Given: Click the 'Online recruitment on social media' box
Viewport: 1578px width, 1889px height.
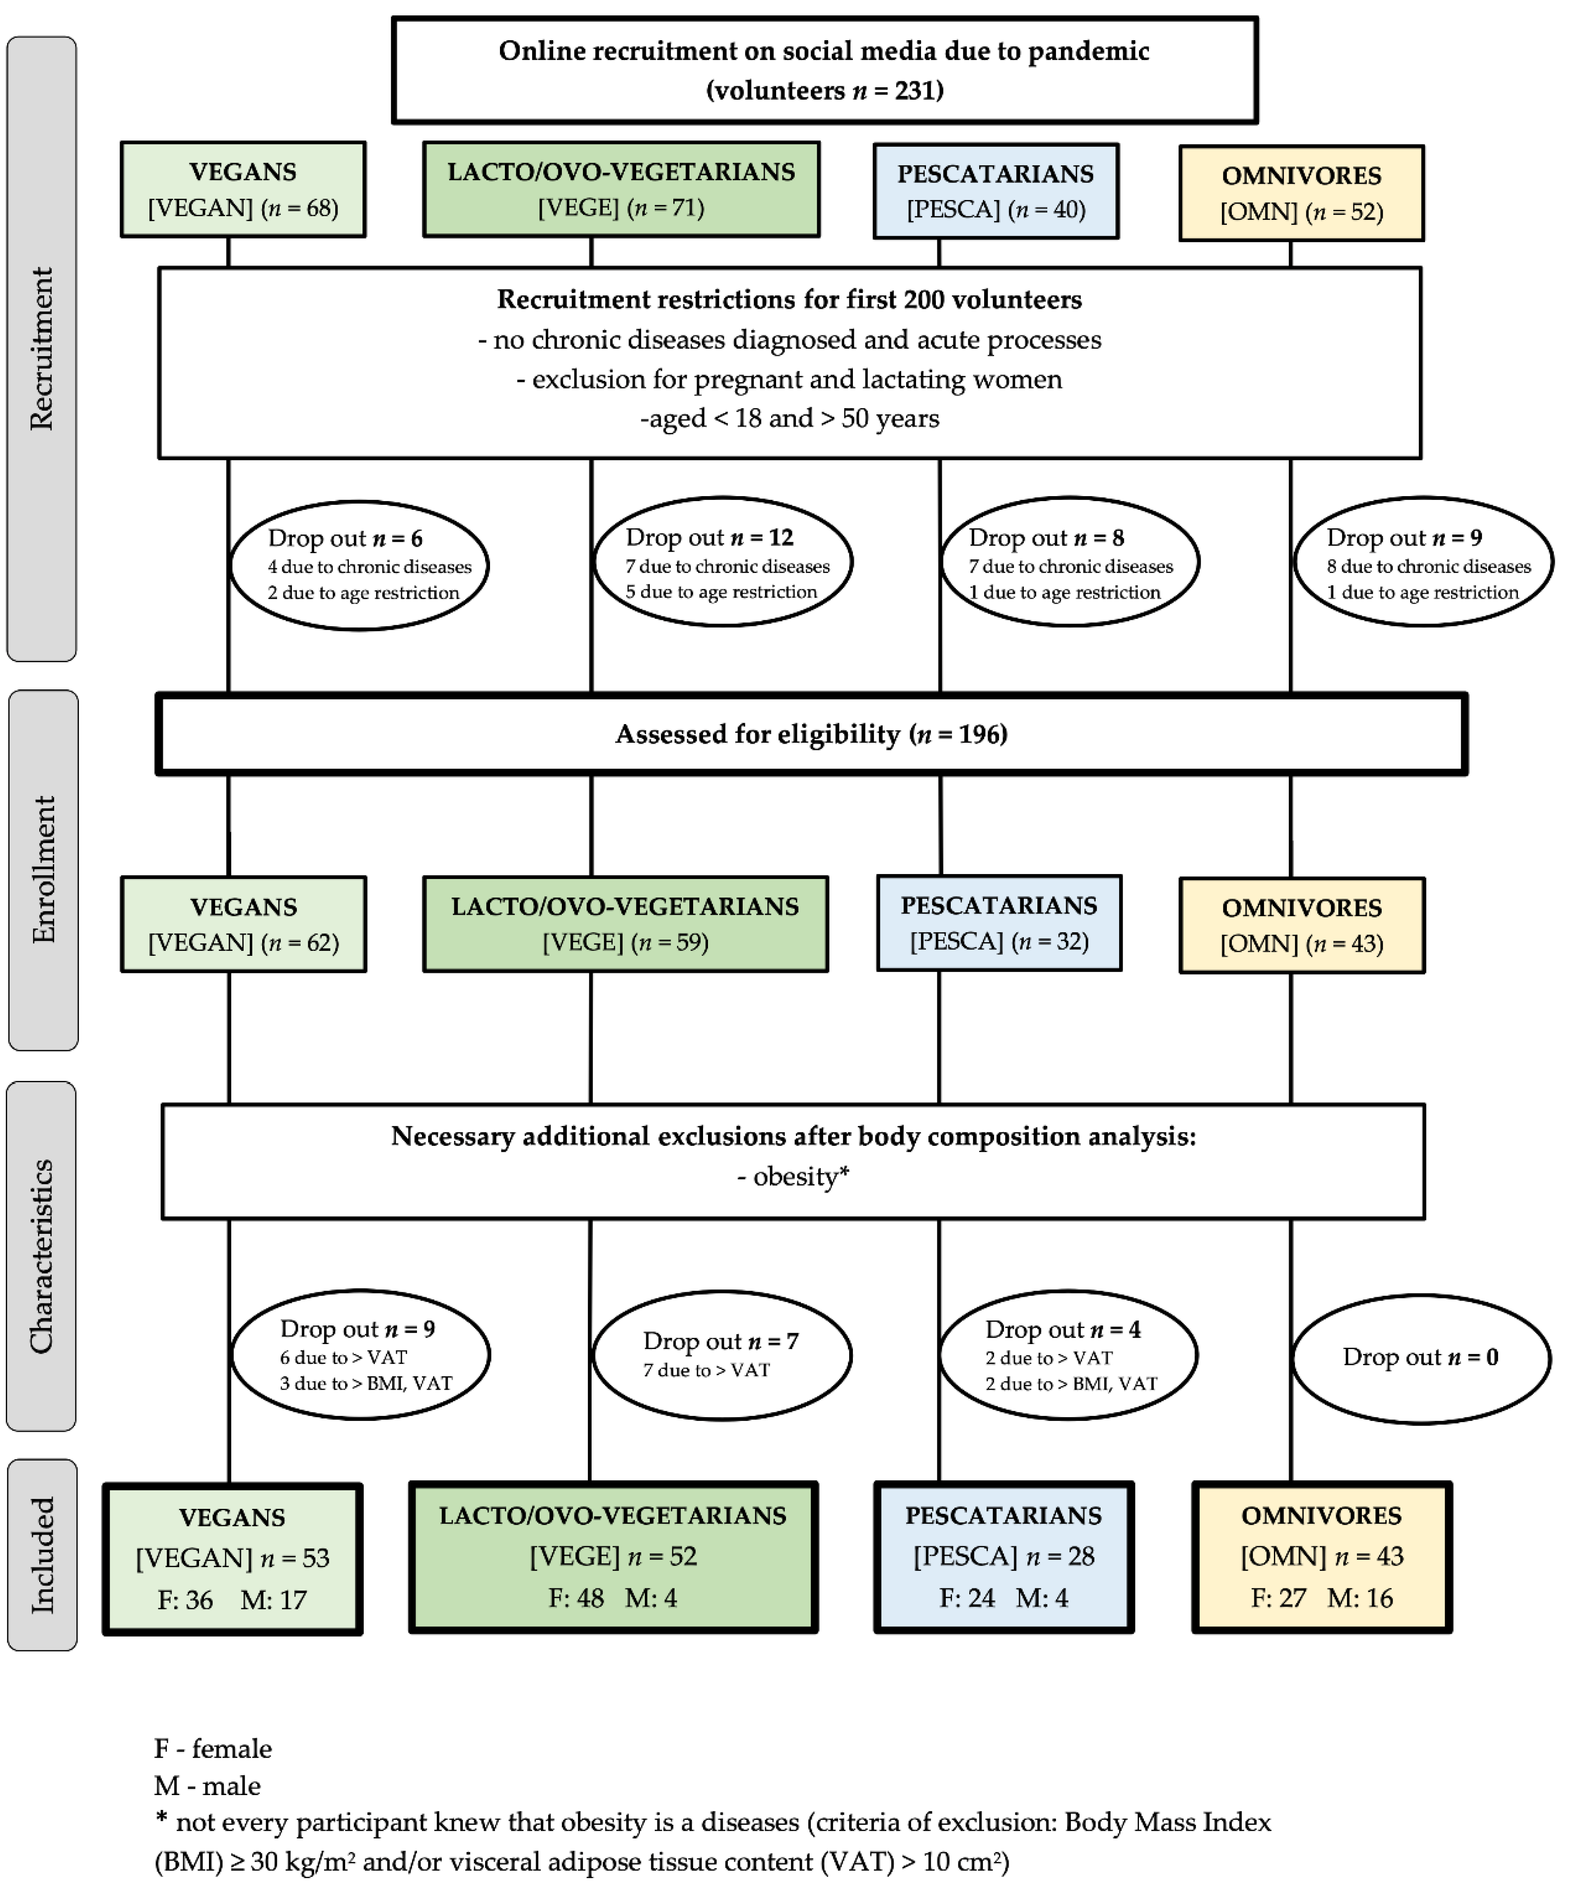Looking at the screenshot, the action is click(x=824, y=70).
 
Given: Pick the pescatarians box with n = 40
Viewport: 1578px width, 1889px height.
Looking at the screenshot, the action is click(x=996, y=191).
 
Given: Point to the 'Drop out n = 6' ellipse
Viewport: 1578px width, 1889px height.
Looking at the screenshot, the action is click(x=360, y=565).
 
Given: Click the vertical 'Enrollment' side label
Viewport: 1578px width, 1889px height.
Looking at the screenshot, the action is click(x=43, y=870).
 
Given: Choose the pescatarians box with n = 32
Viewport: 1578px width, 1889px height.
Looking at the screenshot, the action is click(x=999, y=923).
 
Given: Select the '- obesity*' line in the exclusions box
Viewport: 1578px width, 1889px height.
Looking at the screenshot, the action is click(x=793, y=1177).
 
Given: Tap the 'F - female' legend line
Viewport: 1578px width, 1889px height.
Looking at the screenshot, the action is click(x=213, y=1749).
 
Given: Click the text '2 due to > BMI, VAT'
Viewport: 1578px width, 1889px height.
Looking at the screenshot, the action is click(x=1071, y=1383).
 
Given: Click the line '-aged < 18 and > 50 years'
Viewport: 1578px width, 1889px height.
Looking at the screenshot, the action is click(x=789, y=418).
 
